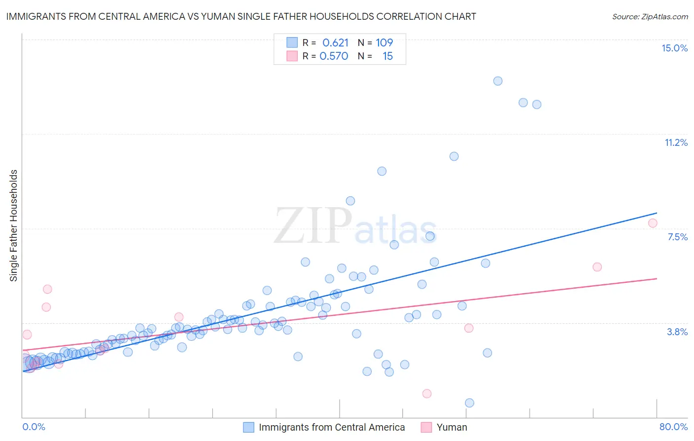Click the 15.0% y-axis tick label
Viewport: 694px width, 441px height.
[x=674, y=48]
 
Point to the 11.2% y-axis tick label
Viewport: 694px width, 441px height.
[x=676, y=142]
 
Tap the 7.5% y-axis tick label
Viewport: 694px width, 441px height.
[x=677, y=237]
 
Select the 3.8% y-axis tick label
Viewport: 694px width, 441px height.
[x=677, y=332]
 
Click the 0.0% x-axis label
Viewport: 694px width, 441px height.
[x=34, y=427]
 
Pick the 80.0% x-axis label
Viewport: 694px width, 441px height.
[x=673, y=427]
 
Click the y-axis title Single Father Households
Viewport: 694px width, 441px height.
[x=14, y=225]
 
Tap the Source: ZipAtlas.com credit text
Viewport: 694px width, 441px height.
[x=650, y=16]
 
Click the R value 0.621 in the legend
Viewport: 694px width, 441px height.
[x=335, y=43]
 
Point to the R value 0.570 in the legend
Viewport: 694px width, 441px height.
[x=334, y=56]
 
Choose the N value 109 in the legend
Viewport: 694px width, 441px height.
[x=384, y=43]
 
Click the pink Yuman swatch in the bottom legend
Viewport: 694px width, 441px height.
[x=426, y=427]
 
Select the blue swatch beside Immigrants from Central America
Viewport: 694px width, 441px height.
[x=249, y=427]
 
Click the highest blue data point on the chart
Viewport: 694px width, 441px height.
[x=498, y=81]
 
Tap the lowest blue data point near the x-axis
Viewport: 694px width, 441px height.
[x=469, y=403]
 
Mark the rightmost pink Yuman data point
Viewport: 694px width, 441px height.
[x=653, y=223]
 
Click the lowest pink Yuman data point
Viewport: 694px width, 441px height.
[x=427, y=394]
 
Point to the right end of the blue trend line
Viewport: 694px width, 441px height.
[x=656, y=213]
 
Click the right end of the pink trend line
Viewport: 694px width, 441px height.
[x=656, y=279]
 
